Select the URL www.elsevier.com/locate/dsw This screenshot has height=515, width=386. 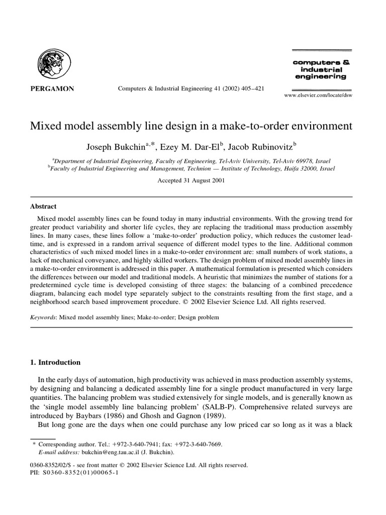pyautogui.click(x=318, y=95)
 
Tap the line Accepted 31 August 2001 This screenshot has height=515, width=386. pyautogui.click(x=192, y=180)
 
